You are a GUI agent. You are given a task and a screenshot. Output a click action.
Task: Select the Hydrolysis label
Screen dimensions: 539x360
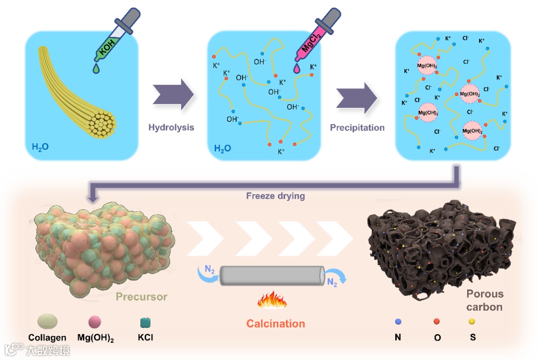171,127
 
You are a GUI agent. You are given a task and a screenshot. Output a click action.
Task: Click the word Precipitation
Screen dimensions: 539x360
357,128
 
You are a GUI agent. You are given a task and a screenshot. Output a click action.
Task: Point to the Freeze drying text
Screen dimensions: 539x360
275,196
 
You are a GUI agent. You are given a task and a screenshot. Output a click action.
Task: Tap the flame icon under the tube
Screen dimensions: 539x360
272,301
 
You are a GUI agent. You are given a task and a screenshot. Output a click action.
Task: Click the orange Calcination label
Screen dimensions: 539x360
275,324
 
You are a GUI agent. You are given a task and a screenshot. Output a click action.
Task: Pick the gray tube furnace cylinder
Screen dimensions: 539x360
272,275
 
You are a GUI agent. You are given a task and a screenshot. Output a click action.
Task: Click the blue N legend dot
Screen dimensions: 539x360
398,322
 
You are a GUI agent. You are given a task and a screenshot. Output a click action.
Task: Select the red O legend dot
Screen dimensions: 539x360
437,322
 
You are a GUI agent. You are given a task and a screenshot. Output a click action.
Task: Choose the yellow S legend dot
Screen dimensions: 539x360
472,322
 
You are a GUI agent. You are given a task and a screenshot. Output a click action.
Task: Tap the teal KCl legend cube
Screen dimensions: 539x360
145,323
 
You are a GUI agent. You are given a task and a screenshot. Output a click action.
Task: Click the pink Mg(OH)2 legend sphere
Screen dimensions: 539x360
95,322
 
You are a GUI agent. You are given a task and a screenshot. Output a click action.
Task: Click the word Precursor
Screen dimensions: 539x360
141,297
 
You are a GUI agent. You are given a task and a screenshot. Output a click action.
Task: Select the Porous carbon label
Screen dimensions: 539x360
485,300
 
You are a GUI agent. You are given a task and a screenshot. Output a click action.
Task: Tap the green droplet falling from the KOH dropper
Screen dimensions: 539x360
96,69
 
